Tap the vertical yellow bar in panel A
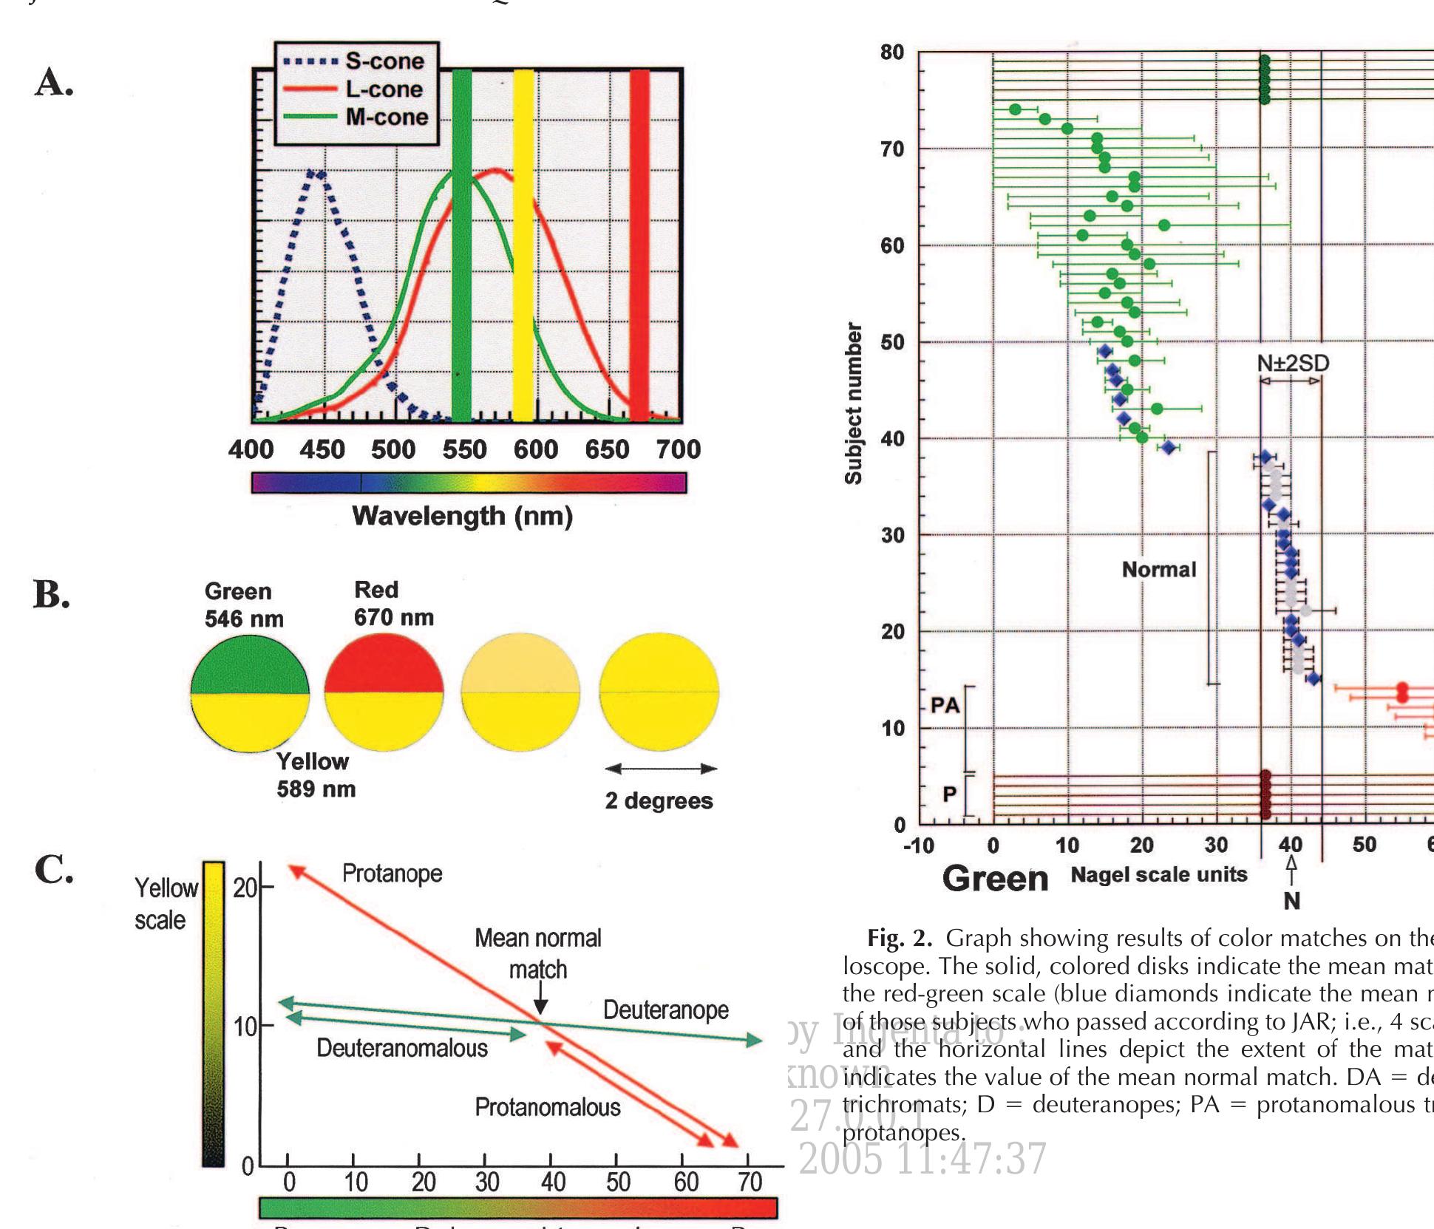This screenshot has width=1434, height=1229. [x=523, y=244]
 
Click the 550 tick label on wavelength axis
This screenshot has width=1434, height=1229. [x=464, y=449]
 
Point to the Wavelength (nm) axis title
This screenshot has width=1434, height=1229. [x=462, y=516]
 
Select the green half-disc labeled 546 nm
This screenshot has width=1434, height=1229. [x=250, y=665]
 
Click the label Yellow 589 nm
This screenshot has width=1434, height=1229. [x=316, y=775]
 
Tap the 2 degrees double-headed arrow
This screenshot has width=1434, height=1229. [x=661, y=769]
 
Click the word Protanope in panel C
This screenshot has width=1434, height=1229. [x=392, y=874]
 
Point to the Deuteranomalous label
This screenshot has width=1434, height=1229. [x=402, y=1048]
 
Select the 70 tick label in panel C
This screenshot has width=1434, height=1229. [x=750, y=1182]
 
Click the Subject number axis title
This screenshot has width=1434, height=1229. [x=854, y=404]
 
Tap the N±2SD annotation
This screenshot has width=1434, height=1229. [x=1293, y=363]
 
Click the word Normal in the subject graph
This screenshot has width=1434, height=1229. [x=1158, y=569]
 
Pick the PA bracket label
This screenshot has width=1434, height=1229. [x=945, y=706]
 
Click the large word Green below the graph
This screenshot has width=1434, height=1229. [x=995, y=879]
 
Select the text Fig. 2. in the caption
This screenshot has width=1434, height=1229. [x=899, y=939]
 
